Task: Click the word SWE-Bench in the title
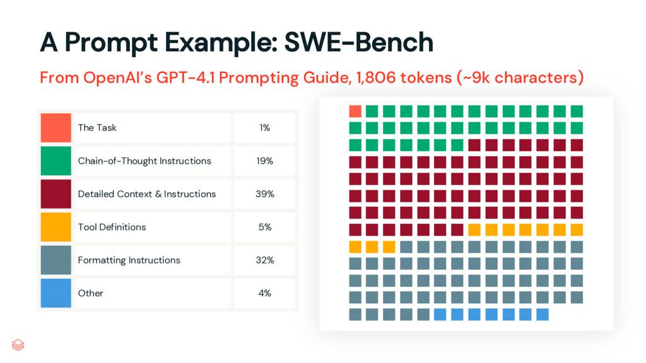(358, 42)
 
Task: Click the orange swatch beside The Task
(56, 127)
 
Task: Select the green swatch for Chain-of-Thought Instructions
(56, 161)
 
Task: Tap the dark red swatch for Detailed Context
(56, 193)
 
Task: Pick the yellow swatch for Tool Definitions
(56, 227)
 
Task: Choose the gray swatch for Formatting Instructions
(56, 260)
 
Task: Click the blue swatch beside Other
(56, 293)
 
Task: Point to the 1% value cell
(264, 127)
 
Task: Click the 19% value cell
(264, 161)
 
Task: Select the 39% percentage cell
(264, 193)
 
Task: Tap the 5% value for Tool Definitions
(264, 227)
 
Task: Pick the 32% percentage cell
(264, 260)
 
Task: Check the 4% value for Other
(264, 293)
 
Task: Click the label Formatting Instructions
(129, 260)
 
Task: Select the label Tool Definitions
(112, 227)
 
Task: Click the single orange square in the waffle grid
(355, 112)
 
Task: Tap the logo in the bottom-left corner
(18, 345)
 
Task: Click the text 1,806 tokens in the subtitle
(402, 78)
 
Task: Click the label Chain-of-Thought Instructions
(144, 161)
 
